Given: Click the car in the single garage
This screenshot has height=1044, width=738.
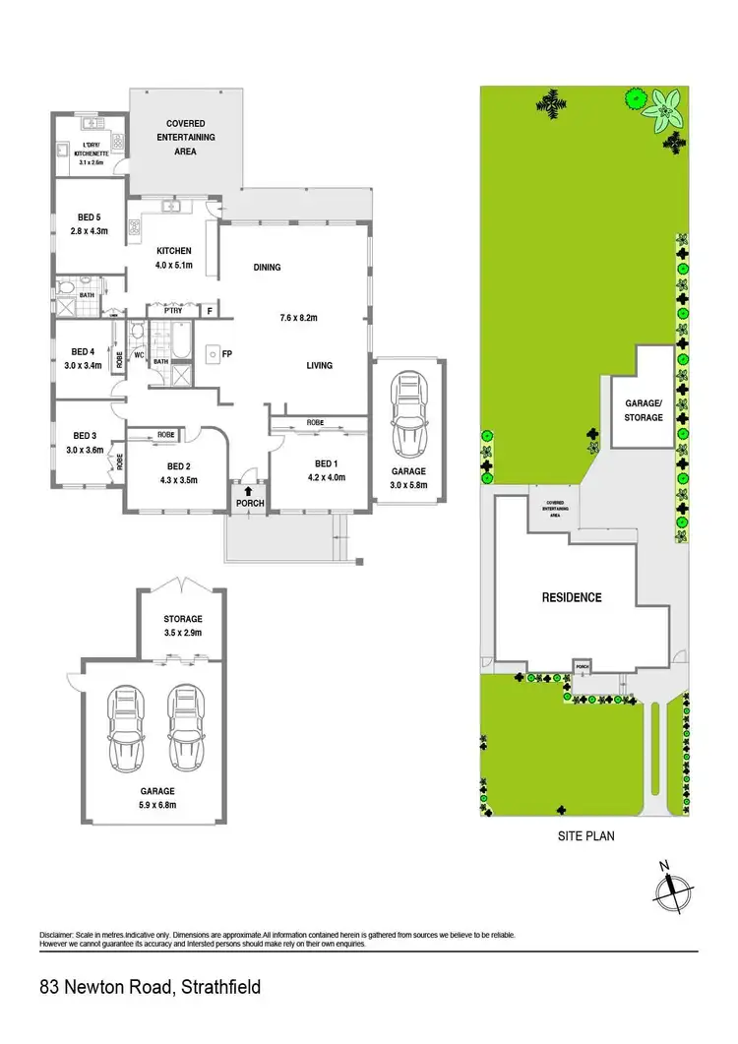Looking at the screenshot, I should coord(407,411).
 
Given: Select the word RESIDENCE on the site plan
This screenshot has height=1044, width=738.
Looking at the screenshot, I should coord(572,597).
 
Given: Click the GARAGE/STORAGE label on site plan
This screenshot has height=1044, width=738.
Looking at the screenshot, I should coord(645,410).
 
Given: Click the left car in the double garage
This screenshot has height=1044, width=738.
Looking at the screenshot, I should coord(126,728).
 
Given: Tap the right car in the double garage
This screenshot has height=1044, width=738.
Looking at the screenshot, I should coord(185,728).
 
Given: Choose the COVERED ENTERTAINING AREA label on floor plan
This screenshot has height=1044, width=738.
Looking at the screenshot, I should coord(186,138).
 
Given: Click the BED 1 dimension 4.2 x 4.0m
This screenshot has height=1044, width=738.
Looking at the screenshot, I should coord(325,477).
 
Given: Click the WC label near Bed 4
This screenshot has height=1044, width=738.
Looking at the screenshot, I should coord(139,354).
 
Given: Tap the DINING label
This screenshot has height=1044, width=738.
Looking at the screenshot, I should coord(267,268).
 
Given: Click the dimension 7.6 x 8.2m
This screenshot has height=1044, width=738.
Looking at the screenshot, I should coord(300,318).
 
